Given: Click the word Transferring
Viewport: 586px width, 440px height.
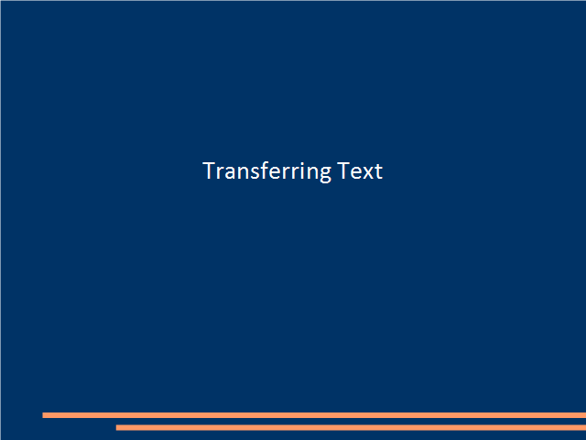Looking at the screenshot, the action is (x=266, y=171).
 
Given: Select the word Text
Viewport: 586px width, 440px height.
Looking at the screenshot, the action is (x=360, y=171).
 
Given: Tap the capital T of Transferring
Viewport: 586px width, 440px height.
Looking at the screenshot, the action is (x=209, y=171).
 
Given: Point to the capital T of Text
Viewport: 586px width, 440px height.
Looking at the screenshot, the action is (x=343, y=171).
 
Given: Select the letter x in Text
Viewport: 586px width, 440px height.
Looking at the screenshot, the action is (x=367, y=173).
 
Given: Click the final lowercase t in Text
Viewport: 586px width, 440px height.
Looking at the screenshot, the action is (x=378, y=172).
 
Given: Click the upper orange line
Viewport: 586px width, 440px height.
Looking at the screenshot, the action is (x=314, y=415).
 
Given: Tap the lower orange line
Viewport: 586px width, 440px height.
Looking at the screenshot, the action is (x=351, y=428).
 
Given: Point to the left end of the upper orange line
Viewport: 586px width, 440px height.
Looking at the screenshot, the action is (x=43, y=415).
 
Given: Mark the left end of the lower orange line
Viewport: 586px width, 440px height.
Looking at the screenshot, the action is (x=116, y=428).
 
